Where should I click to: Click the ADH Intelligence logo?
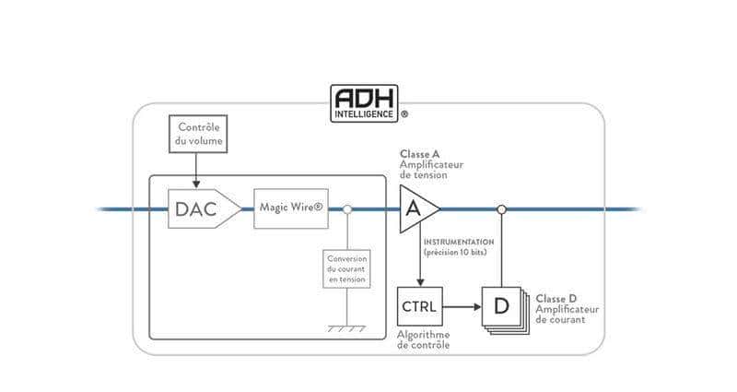(364, 102)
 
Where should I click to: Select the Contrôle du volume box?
(198, 133)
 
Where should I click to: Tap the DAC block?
(197, 209)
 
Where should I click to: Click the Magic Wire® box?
(291, 209)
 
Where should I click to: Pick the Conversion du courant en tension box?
(346, 267)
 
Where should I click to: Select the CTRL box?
(419, 306)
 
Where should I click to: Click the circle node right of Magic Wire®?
(346, 209)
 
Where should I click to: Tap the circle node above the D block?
(501, 209)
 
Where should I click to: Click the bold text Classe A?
(419, 153)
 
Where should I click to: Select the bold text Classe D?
(556, 299)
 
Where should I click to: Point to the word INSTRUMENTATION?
(459, 242)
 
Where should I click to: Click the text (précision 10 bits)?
(458, 252)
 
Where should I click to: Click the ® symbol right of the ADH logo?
(404, 116)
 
